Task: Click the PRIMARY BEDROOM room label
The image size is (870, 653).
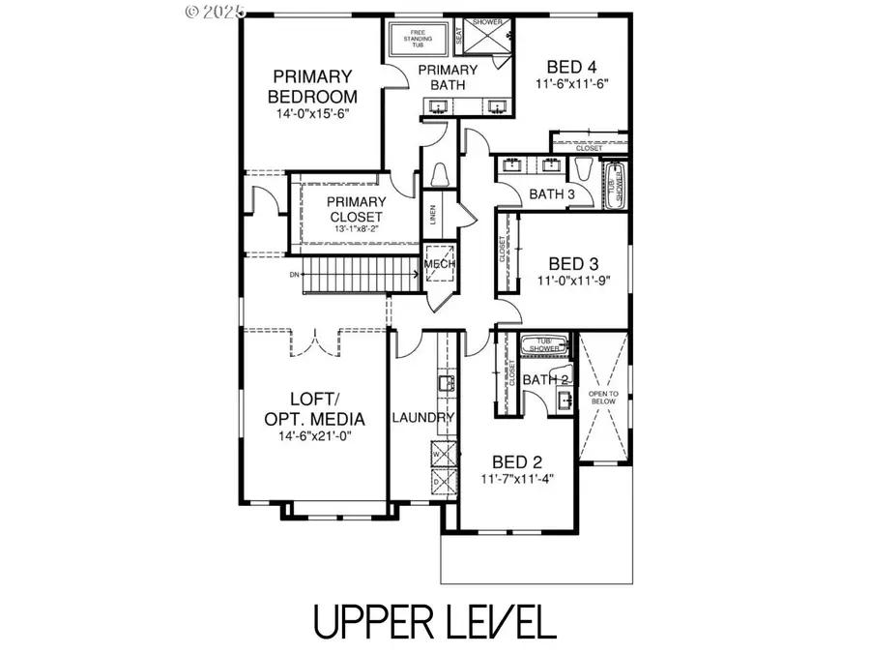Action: point(313,86)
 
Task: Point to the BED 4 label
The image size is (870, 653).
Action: point(571,67)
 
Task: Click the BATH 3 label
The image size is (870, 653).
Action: point(552,194)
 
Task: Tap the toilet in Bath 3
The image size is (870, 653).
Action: point(584,170)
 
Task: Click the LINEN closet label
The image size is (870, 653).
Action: point(431,215)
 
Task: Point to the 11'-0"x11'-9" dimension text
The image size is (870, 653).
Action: point(573,282)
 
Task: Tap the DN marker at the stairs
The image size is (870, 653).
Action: point(294,275)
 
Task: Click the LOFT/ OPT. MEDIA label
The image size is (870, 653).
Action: point(314,408)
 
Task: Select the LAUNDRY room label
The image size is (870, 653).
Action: point(422,418)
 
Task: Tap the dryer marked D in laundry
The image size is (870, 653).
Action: point(436,480)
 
